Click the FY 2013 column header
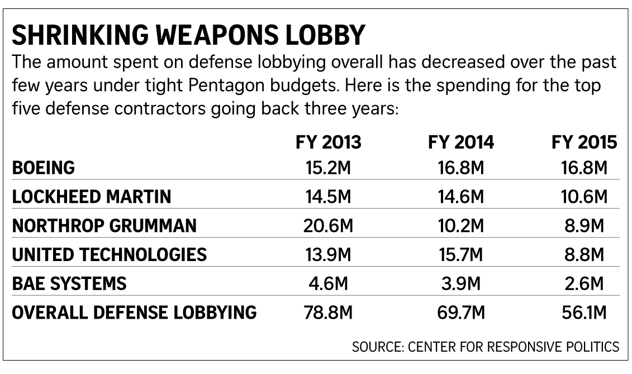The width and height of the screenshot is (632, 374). pyautogui.click(x=329, y=143)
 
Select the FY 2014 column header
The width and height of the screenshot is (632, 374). pyautogui.click(x=461, y=143)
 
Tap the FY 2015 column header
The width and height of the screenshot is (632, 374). pyautogui.click(x=583, y=143)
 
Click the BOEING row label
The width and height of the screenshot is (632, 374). pyautogui.click(x=44, y=168)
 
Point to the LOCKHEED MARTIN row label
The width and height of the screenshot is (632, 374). pyautogui.click(x=92, y=197)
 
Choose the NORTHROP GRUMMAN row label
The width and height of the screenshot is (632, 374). pyautogui.click(x=104, y=226)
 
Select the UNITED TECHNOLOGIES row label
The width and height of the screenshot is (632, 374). pyautogui.click(x=110, y=255)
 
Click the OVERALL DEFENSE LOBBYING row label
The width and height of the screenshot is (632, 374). pyautogui.click(x=134, y=313)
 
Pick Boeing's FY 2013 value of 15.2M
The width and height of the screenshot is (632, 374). pyautogui.click(x=329, y=168)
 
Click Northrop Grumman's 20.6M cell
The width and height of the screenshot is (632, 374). pyautogui.click(x=329, y=226)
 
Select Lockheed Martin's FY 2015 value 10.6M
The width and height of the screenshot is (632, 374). pyautogui.click(x=583, y=197)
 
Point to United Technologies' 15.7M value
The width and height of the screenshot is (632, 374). pyautogui.click(x=461, y=255)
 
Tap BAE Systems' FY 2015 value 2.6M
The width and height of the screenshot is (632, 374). pyautogui.click(x=583, y=284)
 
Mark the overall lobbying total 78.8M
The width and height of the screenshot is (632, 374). pyautogui.click(x=329, y=313)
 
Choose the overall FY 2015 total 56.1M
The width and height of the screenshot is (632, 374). pyautogui.click(x=583, y=313)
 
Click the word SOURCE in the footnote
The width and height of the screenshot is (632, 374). pyautogui.click(x=374, y=347)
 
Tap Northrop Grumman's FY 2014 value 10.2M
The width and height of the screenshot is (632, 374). pyautogui.click(x=461, y=226)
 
